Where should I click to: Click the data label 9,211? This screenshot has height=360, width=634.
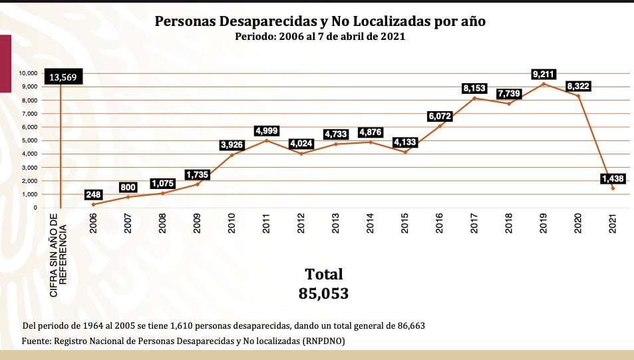[544, 74]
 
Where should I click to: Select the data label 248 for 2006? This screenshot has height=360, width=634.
[93, 194]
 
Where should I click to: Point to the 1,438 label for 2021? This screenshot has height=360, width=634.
[612, 178]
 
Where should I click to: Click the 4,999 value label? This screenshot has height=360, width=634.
[266, 130]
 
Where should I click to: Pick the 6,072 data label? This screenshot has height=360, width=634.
[439, 116]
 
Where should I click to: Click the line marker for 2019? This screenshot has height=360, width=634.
[544, 84]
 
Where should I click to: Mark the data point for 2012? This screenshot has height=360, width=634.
[301, 154]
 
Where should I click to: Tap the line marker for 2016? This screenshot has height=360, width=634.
[440, 126]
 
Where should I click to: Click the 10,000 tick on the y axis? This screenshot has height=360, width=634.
[28, 73]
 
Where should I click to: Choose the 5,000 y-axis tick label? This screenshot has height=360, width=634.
[30, 140]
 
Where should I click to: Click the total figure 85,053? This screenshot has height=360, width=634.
[324, 293]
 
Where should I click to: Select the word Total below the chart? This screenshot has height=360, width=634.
[324, 274]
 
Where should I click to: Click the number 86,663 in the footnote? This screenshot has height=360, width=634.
[407, 325]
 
